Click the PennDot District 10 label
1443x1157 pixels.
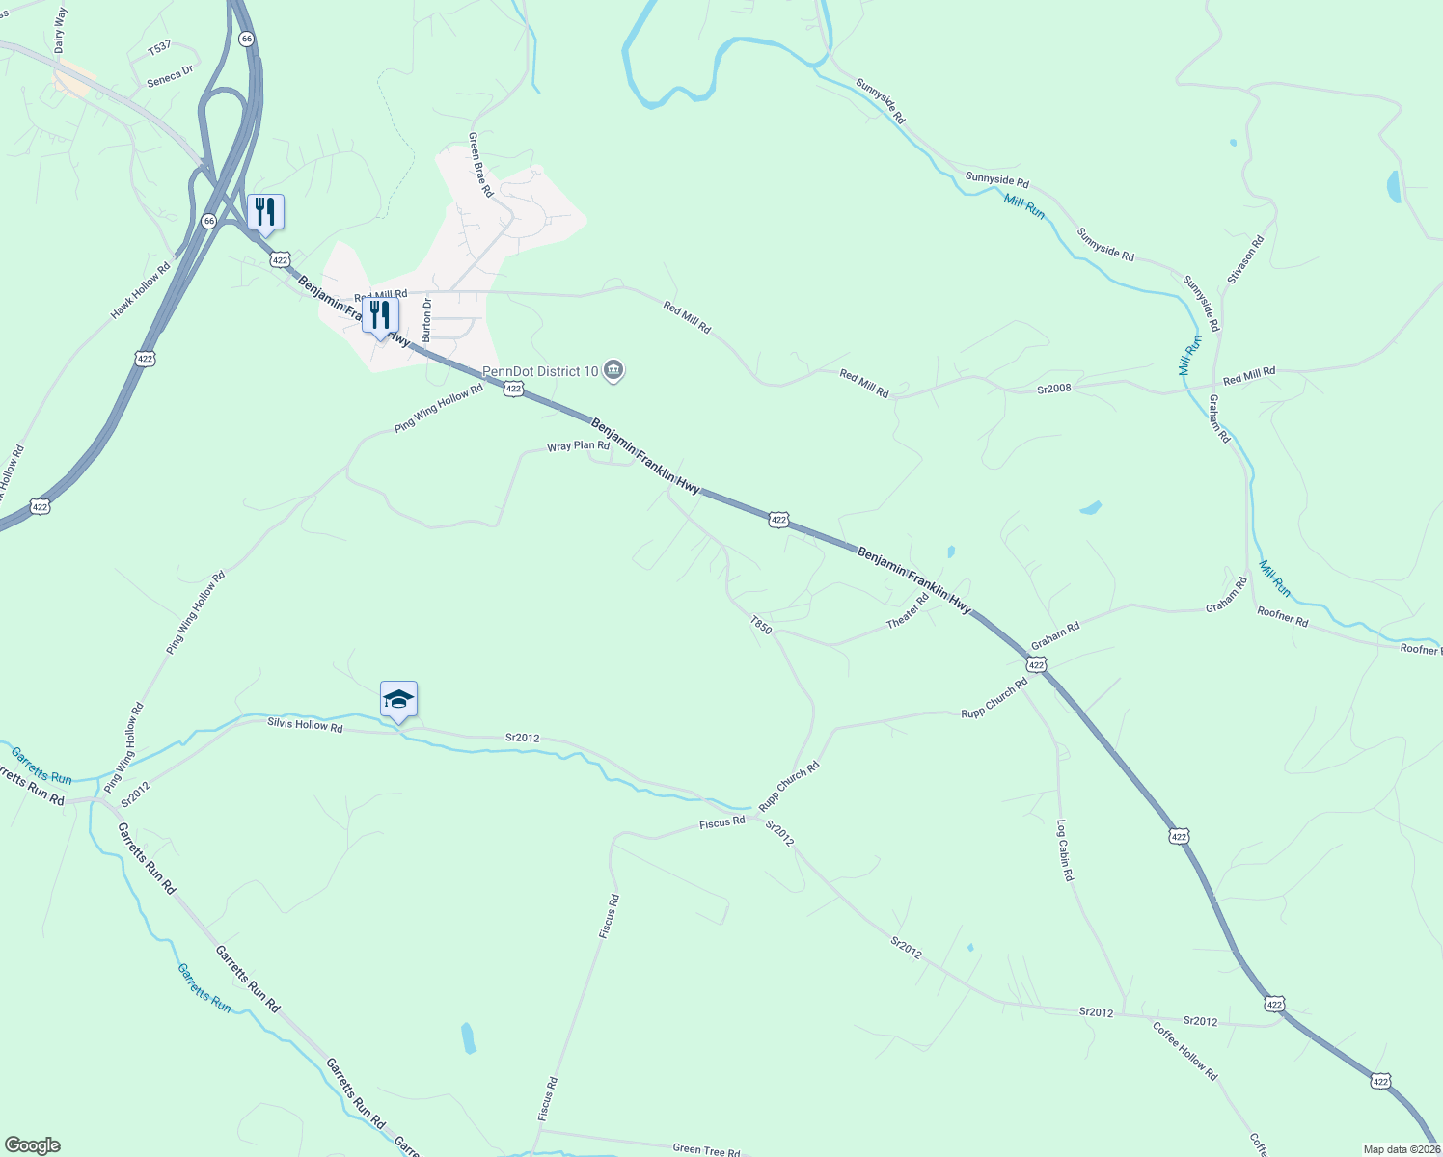540,371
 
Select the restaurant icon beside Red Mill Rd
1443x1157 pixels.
380,315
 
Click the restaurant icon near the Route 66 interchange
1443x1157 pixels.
265,212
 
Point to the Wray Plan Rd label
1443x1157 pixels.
578,446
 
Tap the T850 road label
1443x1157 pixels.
761,626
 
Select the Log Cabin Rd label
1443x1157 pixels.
1064,850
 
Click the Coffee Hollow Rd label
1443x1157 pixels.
1184,1051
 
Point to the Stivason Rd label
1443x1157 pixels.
1245,259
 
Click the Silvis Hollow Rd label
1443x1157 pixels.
305,725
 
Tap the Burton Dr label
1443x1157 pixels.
426,320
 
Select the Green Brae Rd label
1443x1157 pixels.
480,165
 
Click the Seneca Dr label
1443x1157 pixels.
170,76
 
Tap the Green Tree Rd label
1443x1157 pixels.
706,1149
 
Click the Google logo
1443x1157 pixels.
32,1145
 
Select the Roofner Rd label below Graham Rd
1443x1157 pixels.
1282,617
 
